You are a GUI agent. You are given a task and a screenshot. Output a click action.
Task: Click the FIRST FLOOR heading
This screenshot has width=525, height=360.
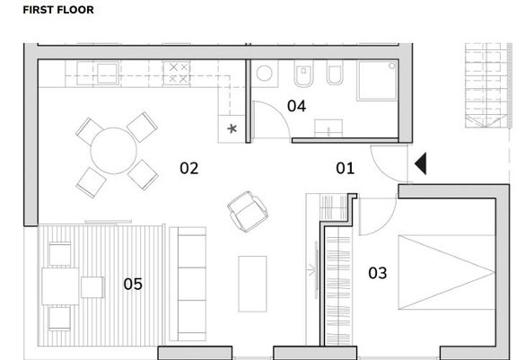click(58, 10)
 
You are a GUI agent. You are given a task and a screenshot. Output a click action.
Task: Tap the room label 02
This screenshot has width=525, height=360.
click(188, 168)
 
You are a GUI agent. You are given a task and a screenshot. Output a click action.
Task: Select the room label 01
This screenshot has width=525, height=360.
click(345, 168)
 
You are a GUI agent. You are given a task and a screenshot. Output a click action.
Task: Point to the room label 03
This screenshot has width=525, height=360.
click(377, 273)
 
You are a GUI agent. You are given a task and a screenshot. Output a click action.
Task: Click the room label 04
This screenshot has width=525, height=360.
click(296, 106)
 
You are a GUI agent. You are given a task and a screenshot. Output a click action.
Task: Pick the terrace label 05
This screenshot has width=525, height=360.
click(133, 284)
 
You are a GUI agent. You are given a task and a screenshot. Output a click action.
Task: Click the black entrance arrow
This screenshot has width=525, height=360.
click(421, 163)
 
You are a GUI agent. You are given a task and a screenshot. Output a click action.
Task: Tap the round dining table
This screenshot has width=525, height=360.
click(113, 151)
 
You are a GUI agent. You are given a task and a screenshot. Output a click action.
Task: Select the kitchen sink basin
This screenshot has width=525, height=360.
click(107, 74)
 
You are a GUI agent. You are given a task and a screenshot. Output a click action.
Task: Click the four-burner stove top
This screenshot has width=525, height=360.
click(177, 73)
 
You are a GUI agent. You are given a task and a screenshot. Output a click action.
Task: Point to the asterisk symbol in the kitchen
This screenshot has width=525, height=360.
click(232, 128)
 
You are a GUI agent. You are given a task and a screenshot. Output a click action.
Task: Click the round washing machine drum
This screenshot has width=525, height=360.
click(264, 74)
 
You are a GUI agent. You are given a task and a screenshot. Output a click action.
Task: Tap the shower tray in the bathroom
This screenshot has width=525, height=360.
click(377, 81)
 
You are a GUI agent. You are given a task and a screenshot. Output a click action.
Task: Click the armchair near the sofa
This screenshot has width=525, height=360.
click(248, 212)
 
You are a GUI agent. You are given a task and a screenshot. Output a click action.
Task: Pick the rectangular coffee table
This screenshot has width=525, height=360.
click(252, 284)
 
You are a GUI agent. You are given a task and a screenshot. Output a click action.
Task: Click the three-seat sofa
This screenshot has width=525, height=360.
click(188, 284)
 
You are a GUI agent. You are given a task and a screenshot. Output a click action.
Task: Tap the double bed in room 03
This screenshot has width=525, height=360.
click(447, 272)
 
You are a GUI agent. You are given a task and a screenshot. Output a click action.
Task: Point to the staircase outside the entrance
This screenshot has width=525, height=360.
click(488, 85)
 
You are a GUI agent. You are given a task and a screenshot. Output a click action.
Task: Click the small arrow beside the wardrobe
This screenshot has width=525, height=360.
click(311, 270)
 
